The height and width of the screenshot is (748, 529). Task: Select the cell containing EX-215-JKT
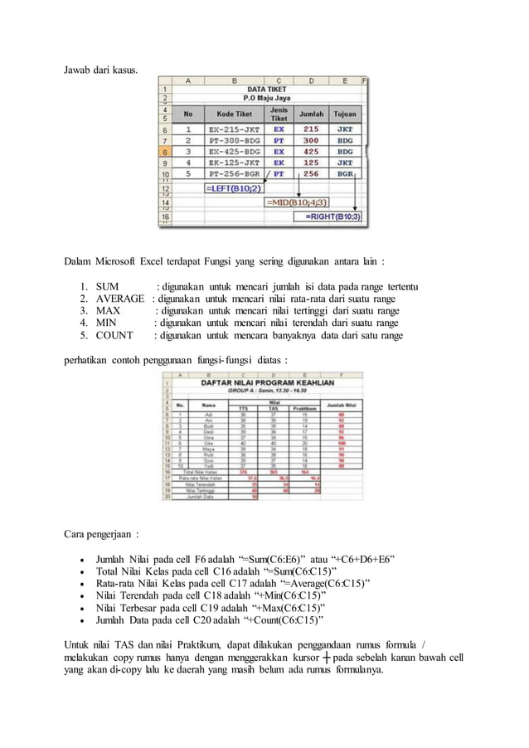234,129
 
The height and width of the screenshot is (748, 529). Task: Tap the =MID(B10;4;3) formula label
294,202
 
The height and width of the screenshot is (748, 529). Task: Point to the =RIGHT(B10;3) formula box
332,216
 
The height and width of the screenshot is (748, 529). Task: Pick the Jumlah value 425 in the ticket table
310,153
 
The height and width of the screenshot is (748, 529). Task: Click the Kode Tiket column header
234,114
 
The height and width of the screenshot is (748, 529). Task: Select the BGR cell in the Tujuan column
344,175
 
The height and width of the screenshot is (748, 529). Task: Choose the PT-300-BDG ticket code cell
234,141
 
